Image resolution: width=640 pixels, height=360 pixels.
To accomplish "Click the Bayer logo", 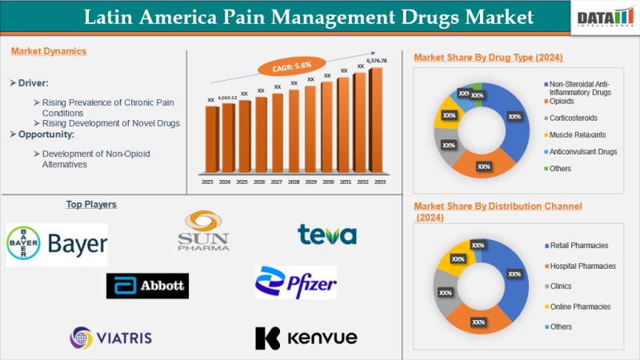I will [x=57, y=244].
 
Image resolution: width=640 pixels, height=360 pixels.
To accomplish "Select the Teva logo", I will [x=326, y=234].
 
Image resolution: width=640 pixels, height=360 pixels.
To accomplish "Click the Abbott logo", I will [x=148, y=285].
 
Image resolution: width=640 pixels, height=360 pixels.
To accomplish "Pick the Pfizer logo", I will [x=295, y=282].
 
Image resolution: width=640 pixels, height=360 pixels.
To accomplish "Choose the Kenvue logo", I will [x=306, y=338].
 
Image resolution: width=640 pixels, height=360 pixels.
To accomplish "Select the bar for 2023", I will [x=211, y=140].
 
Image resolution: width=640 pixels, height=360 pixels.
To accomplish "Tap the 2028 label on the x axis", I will [x=294, y=182].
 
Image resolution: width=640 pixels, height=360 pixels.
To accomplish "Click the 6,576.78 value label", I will [x=376, y=61].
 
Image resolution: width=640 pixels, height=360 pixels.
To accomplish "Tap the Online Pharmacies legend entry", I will [x=580, y=306].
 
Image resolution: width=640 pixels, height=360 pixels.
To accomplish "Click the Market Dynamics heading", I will [x=49, y=51].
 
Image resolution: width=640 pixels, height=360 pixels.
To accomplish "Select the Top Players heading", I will [x=91, y=205].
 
